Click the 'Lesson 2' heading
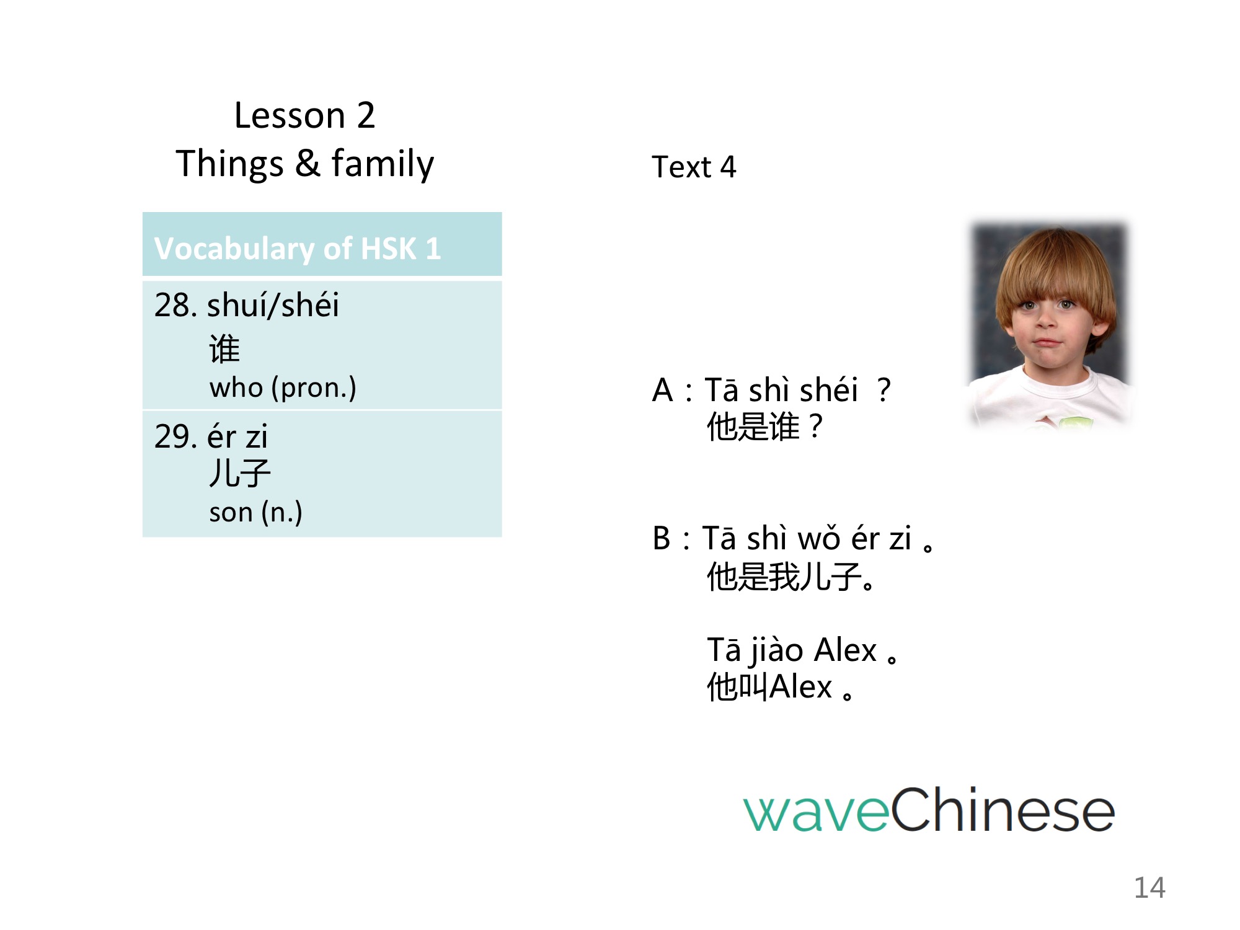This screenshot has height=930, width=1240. pos(304,115)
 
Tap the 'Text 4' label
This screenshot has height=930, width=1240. pos(694,167)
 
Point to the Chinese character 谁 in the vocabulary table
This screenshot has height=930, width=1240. pos(224,348)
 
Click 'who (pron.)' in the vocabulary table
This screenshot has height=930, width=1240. pos(283,388)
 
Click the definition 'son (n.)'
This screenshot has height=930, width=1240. pos(255,513)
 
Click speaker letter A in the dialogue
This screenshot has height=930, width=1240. pos(663,391)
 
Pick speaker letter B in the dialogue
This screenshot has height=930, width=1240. pos(662,538)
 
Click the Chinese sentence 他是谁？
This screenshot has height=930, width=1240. pos(765,427)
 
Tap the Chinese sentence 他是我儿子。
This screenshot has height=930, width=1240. pos(791,577)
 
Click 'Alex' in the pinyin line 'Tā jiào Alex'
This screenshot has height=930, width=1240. pos(845,650)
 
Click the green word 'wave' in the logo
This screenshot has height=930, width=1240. pos(817,812)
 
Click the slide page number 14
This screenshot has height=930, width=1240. pos(1149,888)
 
